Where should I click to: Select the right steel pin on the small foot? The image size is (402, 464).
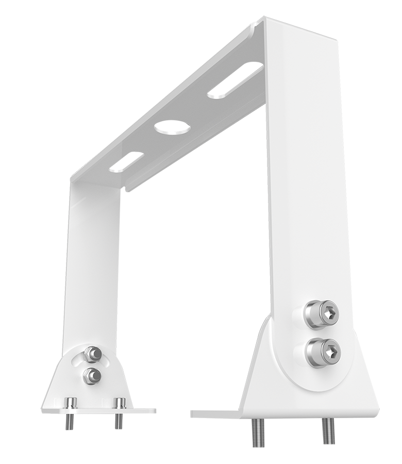pyautogui.click(x=119, y=403)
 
